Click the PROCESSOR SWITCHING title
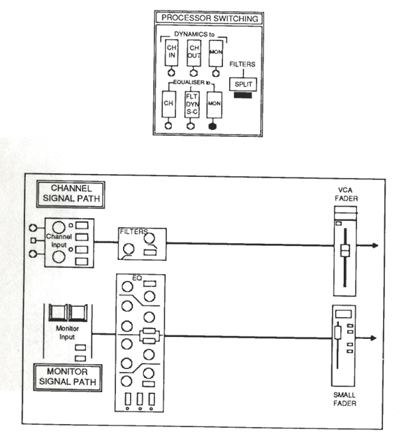(x=210, y=18)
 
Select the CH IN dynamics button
(x=171, y=53)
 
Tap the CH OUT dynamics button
(x=194, y=53)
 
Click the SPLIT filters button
(x=243, y=84)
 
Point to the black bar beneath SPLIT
(x=243, y=95)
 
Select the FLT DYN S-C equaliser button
(x=192, y=104)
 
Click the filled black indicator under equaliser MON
(x=213, y=126)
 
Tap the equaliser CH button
(x=168, y=104)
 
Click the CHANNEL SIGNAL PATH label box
(x=71, y=194)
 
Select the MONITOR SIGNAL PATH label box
(x=68, y=377)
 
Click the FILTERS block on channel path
(x=142, y=244)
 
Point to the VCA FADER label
(x=346, y=194)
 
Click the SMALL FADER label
(x=344, y=399)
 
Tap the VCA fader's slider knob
(x=345, y=251)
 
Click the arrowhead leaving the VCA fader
(x=375, y=245)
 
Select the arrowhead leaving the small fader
(x=373, y=338)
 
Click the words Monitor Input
(x=67, y=333)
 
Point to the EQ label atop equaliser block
(x=137, y=278)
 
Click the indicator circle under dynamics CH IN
(x=171, y=73)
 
